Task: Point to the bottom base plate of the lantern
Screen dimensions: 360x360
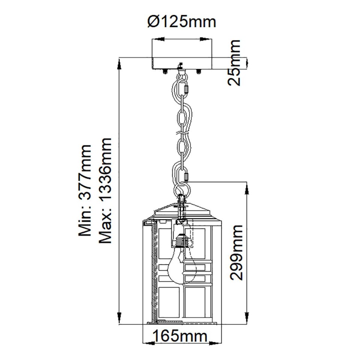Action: click(181, 322)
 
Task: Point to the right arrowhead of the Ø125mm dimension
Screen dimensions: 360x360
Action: click(207, 39)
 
